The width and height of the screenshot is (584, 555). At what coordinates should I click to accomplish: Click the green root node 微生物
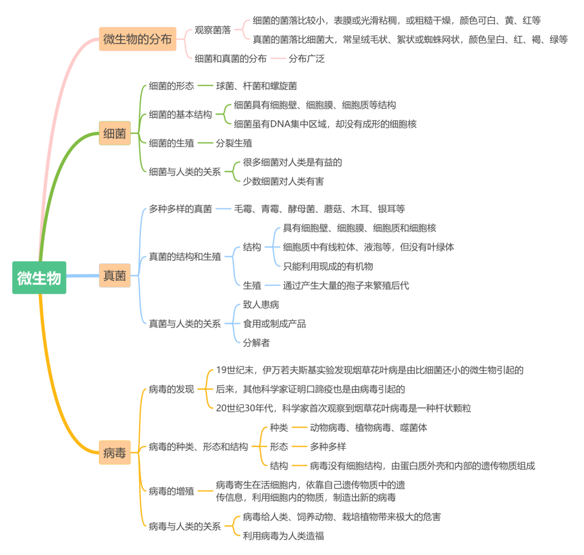point(39,277)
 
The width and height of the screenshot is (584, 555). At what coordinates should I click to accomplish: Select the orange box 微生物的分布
point(137,39)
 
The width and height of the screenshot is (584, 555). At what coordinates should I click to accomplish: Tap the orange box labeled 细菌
point(115,133)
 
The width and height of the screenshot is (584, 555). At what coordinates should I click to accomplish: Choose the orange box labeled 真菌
point(115,275)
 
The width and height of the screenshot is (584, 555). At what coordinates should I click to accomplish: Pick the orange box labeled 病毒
point(115,452)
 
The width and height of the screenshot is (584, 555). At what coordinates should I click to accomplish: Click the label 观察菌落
point(213,30)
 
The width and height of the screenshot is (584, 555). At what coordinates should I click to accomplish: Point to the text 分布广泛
point(306,59)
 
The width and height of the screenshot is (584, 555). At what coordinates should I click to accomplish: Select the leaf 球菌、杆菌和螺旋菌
point(256,86)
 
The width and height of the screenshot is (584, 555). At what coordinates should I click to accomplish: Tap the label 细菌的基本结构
point(180,114)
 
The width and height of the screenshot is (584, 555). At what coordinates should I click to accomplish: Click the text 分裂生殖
point(234,143)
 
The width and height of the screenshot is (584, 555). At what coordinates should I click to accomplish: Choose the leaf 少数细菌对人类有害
point(283,181)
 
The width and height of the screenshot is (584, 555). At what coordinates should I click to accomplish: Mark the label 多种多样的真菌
point(180,209)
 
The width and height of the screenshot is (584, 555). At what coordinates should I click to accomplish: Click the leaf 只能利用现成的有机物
point(328,266)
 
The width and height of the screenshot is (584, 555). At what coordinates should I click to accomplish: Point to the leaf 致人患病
point(261,304)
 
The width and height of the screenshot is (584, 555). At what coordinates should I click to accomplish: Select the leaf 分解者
point(256,343)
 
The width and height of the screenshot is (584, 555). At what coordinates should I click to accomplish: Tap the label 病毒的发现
point(171,389)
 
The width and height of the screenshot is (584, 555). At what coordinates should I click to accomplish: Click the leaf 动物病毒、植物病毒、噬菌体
point(368,428)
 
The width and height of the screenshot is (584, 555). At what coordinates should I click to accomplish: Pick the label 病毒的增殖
point(171,491)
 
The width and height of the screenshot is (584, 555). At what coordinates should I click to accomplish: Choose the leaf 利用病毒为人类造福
point(283,536)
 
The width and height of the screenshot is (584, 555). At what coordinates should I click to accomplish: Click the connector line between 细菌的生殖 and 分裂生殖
point(205,143)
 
